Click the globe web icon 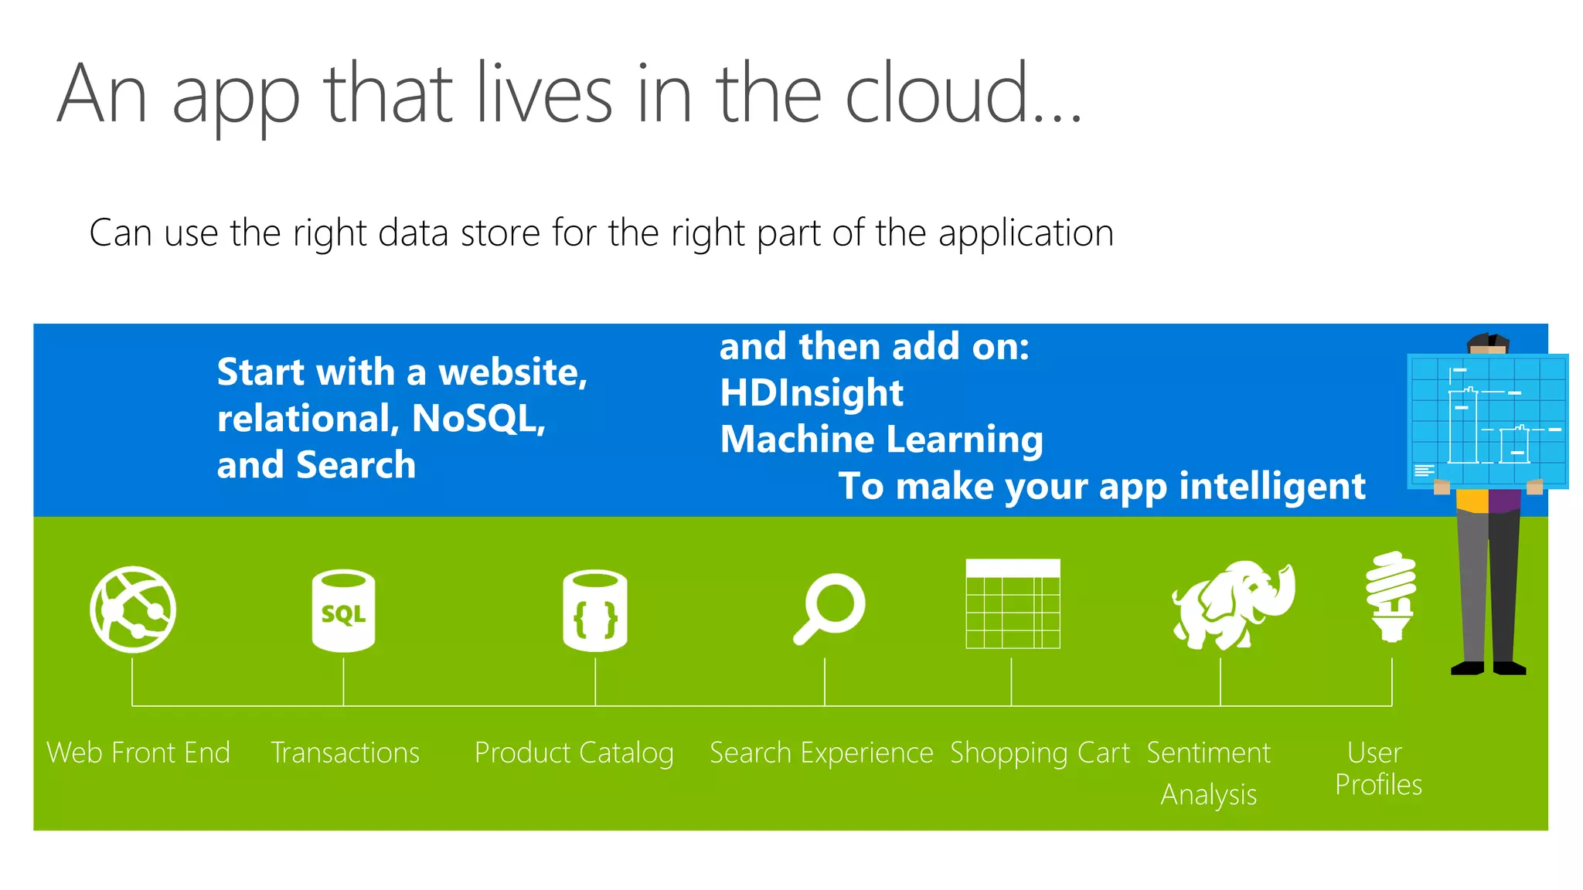pyautogui.click(x=133, y=610)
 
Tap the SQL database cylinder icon pyautogui.click(x=343, y=610)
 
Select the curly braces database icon pyautogui.click(x=595, y=610)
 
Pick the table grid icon pyautogui.click(x=1013, y=604)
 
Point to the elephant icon pyautogui.click(x=1232, y=605)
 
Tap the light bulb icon pyautogui.click(x=1391, y=596)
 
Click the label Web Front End pyautogui.click(x=138, y=752)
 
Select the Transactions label pyautogui.click(x=345, y=752)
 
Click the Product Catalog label pyautogui.click(x=574, y=753)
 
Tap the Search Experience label pyautogui.click(x=821, y=753)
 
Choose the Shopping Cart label pyautogui.click(x=1040, y=753)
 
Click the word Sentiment pyautogui.click(x=1208, y=752)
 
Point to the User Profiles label pyautogui.click(x=1378, y=769)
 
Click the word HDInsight pyautogui.click(x=811, y=392)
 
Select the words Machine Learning pyautogui.click(x=881, y=440)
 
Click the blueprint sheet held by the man pyautogui.click(x=1488, y=421)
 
